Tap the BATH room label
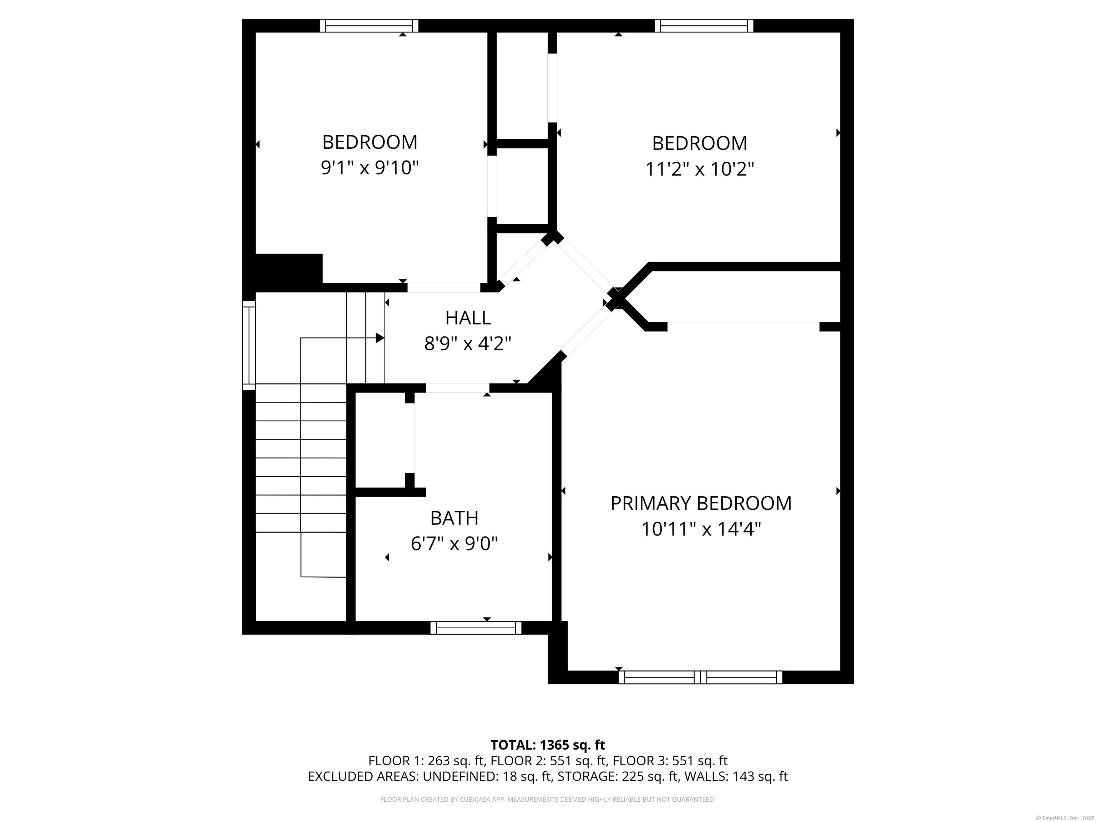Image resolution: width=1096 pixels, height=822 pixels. pyautogui.click(x=455, y=518)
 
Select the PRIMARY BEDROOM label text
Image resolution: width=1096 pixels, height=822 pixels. pyautogui.click(x=701, y=503)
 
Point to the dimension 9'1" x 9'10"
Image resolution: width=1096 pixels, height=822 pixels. pyautogui.click(x=370, y=168)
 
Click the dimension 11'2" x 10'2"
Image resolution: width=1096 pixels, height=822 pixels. pyautogui.click(x=700, y=169)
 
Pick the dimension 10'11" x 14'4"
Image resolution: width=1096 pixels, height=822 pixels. pyautogui.click(x=701, y=530)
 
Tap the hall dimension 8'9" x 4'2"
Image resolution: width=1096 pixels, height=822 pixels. pyautogui.click(x=468, y=343)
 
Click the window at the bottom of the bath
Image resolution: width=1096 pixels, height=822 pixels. pyautogui.click(x=476, y=628)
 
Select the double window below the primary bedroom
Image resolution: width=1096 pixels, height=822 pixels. pyautogui.click(x=700, y=677)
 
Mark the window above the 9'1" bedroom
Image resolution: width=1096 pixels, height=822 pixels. pyautogui.click(x=369, y=26)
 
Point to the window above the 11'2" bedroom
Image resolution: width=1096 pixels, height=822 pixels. pyautogui.click(x=704, y=26)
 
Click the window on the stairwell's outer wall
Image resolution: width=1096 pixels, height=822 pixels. pyautogui.click(x=249, y=345)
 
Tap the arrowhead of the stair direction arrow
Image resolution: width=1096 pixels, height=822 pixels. pyautogui.click(x=380, y=338)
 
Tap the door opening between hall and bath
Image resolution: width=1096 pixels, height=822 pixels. pyautogui.click(x=457, y=388)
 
